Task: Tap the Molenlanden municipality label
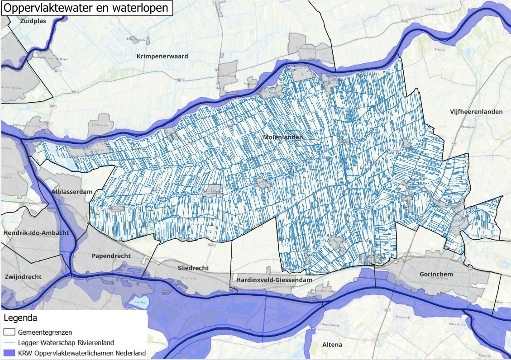283,137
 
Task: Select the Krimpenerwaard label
162,56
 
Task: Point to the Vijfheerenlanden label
476,112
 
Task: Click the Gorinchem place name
436,275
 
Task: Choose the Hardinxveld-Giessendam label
274,280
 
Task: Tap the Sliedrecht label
193,268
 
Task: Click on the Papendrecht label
111,256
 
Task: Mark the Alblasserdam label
72,192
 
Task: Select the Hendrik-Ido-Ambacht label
36,233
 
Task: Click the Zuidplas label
33,21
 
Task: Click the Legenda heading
20,318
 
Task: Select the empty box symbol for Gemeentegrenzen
10,332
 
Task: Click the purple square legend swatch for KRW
10,352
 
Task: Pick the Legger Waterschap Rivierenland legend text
66,342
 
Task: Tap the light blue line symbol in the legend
10,342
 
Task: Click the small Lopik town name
430,9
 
